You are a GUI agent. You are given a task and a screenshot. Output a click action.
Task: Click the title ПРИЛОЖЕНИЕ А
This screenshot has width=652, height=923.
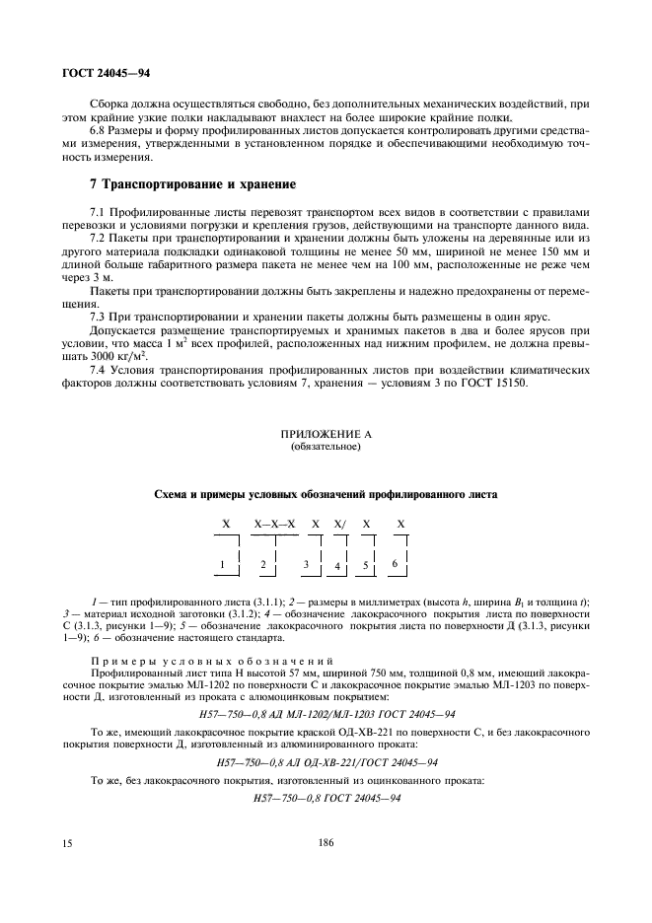[x=326, y=433]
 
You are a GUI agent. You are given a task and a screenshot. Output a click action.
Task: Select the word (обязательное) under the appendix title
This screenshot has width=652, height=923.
[x=326, y=446]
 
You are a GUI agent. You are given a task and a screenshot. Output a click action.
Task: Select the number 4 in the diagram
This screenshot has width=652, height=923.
[x=336, y=567]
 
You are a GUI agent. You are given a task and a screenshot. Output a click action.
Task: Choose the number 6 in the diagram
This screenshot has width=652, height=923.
[x=395, y=563]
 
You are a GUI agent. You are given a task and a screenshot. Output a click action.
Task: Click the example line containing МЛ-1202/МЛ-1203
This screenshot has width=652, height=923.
[x=326, y=713]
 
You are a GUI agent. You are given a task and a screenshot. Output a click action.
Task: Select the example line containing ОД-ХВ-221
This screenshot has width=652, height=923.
[x=326, y=762]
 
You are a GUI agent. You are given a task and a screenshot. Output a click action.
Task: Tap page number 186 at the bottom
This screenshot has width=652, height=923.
[x=326, y=843]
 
